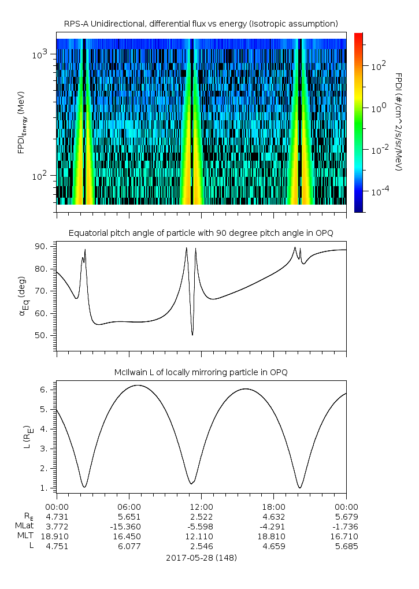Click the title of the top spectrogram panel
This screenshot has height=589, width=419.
point(201,23)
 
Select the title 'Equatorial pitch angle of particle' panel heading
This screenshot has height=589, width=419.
point(201,233)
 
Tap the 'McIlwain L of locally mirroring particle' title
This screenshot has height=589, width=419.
point(201,372)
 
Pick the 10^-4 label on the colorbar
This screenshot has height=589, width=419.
point(380,191)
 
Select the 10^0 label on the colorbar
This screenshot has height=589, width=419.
point(379,108)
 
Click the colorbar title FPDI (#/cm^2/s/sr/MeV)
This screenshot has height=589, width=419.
point(398,121)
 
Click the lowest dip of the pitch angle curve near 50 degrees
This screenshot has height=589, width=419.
point(192,334)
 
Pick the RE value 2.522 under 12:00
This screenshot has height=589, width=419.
point(202,516)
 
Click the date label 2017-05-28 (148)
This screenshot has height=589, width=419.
point(201,558)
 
